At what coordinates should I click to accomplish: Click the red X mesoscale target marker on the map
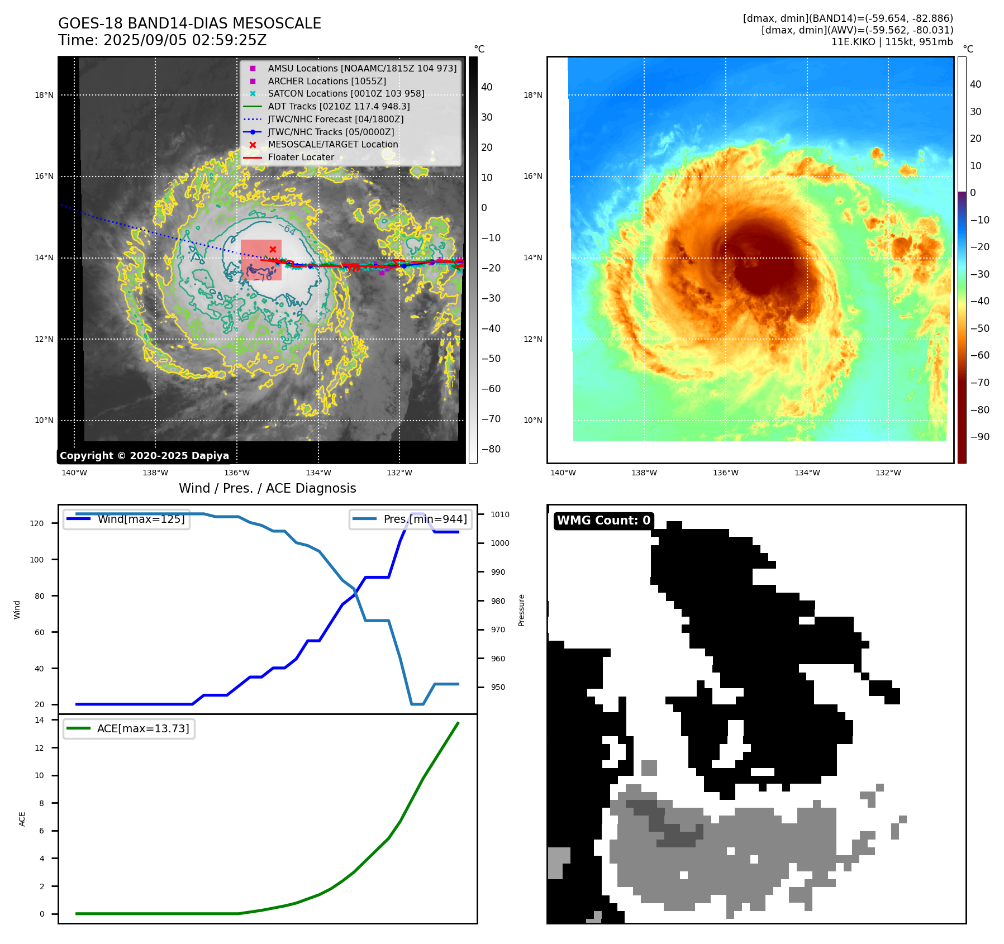pyautogui.click(x=273, y=249)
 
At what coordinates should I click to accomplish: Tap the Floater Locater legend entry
pyautogui.click(x=289, y=158)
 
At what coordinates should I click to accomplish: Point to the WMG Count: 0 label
pyautogui.click(x=603, y=521)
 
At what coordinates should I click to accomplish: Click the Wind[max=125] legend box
pyautogui.click(x=126, y=519)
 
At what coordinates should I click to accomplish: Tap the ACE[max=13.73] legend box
pyautogui.click(x=129, y=728)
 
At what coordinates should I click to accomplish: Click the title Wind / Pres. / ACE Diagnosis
pyautogui.click(x=268, y=488)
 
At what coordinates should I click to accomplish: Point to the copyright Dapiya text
pyautogui.click(x=144, y=456)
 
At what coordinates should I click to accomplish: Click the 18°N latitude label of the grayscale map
pyautogui.click(x=44, y=95)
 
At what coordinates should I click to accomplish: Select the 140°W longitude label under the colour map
pyautogui.click(x=563, y=473)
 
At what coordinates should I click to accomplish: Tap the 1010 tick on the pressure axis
pyautogui.click(x=500, y=514)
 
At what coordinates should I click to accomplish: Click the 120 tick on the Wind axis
pyautogui.click(x=37, y=523)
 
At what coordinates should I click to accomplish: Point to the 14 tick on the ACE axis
pyautogui.click(x=39, y=720)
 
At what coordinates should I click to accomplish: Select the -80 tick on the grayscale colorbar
pyautogui.click(x=491, y=449)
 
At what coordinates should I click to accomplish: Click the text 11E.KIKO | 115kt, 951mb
pyautogui.click(x=892, y=42)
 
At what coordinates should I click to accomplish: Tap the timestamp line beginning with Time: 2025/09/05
pyautogui.click(x=163, y=40)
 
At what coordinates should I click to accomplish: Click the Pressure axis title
pyautogui.click(x=521, y=610)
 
